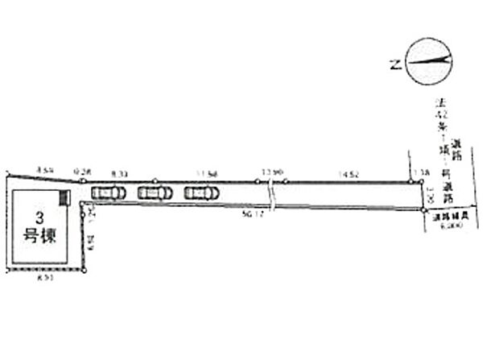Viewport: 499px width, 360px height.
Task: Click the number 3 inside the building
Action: coord(38,217)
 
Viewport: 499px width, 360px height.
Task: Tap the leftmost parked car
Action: coord(108,192)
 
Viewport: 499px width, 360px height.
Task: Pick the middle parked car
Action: coord(155,192)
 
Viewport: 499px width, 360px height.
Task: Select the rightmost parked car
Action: coord(201,192)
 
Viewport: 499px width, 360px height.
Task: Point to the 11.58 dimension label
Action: coord(208,173)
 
